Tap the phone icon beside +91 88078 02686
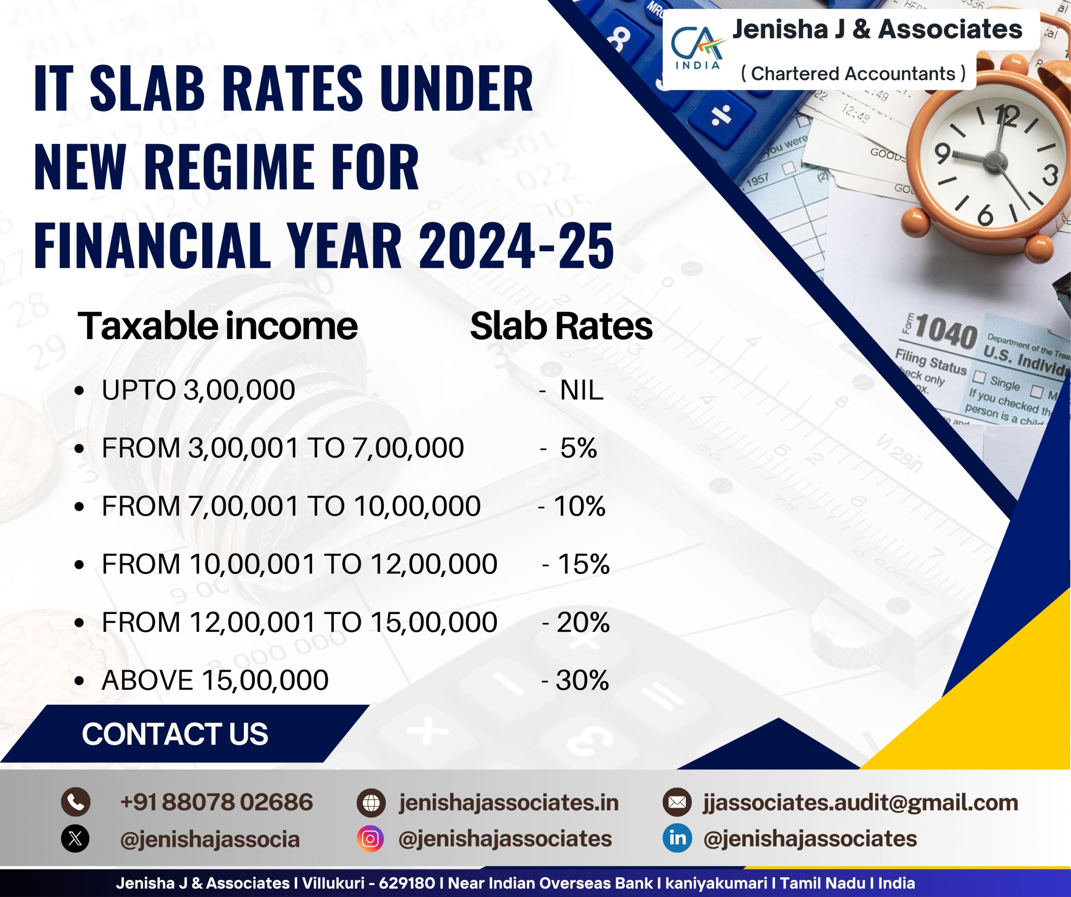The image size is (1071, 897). pyautogui.click(x=75, y=802)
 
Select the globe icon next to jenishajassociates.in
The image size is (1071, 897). pyautogui.click(x=371, y=803)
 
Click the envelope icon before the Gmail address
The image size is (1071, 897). pyautogui.click(x=677, y=802)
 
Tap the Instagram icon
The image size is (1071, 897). pyautogui.click(x=371, y=839)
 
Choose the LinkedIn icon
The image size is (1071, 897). pyautogui.click(x=677, y=838)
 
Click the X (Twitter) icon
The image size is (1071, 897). pyautogui.click(x=75, y=839)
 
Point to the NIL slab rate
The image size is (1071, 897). pyautogui.click(x=582, y=391)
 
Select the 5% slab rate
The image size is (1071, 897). pyautogui.click(x=578, y=448)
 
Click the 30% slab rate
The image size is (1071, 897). pyautogui.click(x=582, y=680)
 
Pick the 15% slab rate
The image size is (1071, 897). pyautogui.click(x=584, y=564)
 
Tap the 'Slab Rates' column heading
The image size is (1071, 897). pyautogui.click(x=561, y=326)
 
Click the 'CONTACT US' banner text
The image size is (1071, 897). pyautogui.click(x=175, y=734)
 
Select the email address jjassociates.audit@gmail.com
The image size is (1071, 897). pyautogui.click(x=861, y=803)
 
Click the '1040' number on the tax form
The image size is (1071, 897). pyautogui.click(x=946, y=332)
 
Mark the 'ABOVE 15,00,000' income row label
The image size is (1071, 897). pyautogui.click(x=215, y=681)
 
